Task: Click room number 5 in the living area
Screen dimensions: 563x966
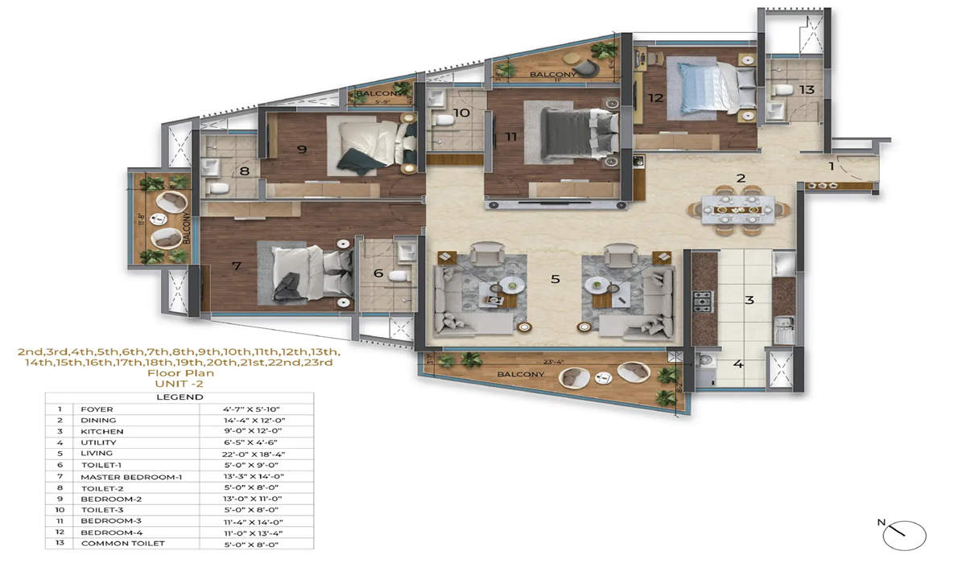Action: coord(555,280)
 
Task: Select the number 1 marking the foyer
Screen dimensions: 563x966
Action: coord(832,166)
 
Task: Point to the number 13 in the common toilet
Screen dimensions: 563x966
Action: coord(807,89)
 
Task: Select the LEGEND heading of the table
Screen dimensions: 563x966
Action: coord(179,397)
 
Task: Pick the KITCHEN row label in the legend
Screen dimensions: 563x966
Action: coord(102,431)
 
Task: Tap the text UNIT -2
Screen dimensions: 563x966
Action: coord(179,384)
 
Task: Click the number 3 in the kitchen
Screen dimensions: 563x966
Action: coord(749,300)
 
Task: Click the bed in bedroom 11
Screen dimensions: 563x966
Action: coord(572,135)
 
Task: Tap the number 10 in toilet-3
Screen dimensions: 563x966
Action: coord(461,113)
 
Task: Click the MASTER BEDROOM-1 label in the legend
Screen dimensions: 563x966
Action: coord(131,476)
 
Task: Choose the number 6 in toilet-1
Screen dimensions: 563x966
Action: coord(378,273)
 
